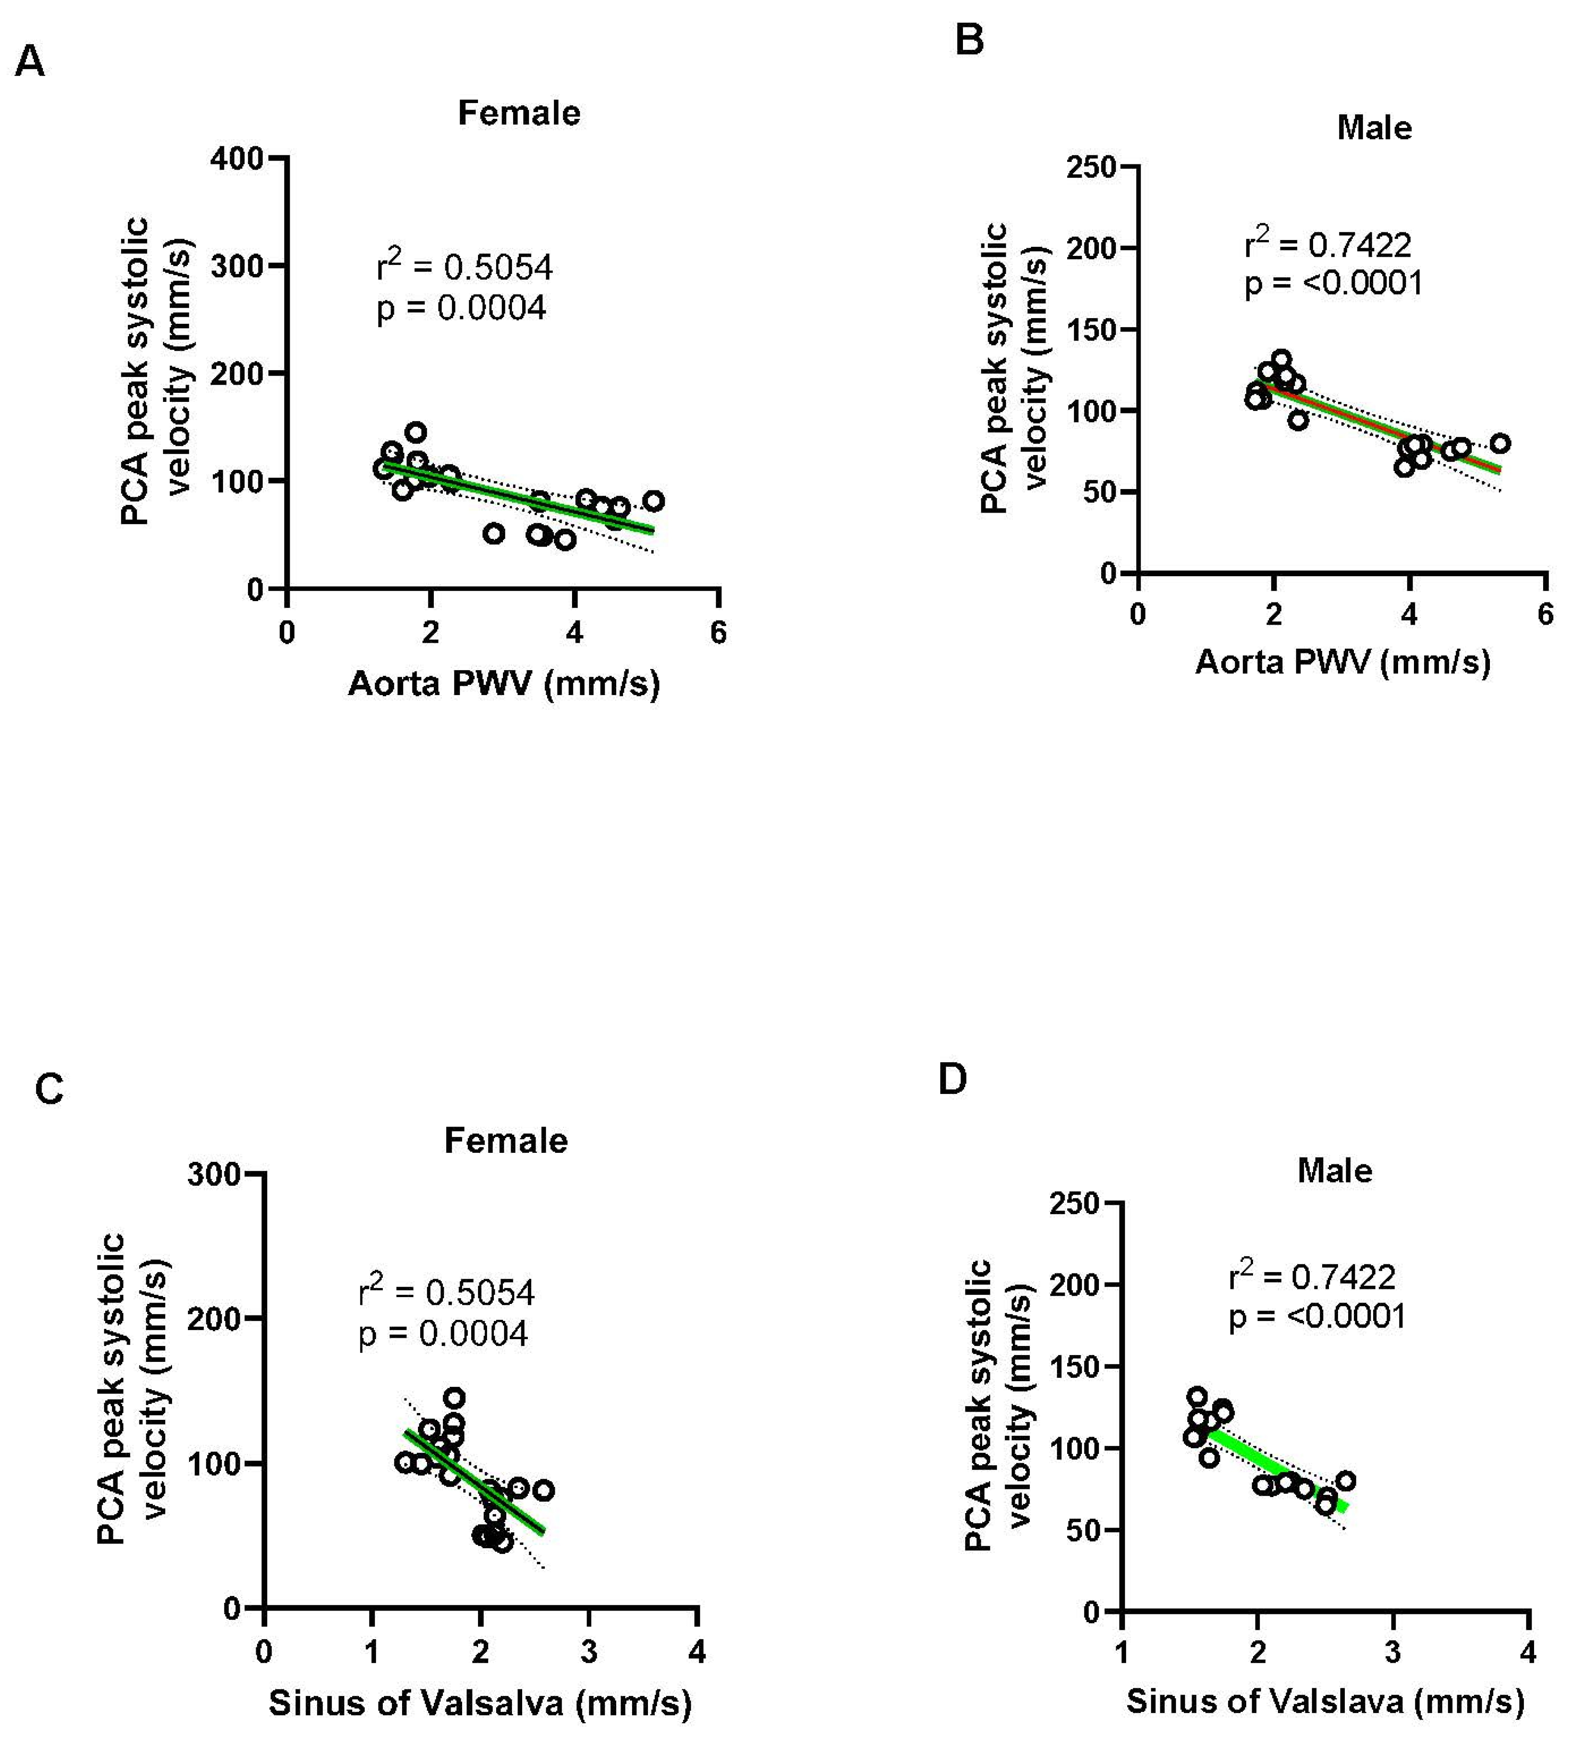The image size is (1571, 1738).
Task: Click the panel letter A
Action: point(30,62)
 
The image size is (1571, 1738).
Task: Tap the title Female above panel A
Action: point(519,113)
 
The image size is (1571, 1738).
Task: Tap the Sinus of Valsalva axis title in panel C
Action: point(480,1703)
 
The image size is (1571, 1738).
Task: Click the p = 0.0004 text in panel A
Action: point(461,308)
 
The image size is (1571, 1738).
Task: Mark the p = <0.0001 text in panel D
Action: point(1317,1316)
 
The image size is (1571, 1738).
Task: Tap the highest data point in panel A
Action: point(416,432)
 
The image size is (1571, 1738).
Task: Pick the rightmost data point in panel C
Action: point(543,1490)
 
